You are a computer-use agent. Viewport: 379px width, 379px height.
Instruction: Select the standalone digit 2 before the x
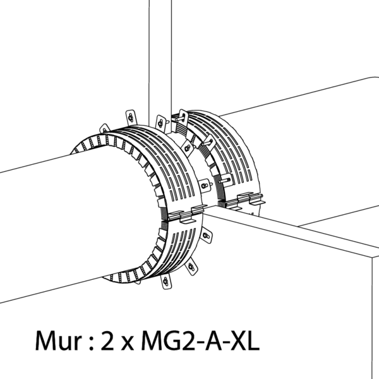click(107, 340)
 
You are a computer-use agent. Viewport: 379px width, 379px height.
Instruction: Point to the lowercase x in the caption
click(127, 343)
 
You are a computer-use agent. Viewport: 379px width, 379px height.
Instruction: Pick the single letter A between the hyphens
click(213, 340)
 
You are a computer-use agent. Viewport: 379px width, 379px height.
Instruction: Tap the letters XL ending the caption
click(244, 340)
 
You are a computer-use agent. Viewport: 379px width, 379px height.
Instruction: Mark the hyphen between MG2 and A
click(199, 344)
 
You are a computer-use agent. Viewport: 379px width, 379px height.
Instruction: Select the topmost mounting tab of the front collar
click(131, 117)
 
